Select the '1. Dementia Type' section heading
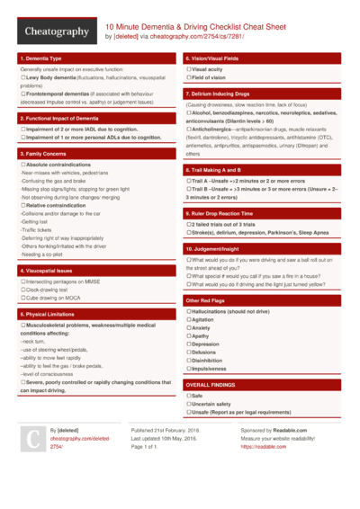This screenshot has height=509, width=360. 44,58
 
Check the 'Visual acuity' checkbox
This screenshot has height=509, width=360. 188,69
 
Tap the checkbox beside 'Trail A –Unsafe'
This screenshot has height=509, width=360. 188,180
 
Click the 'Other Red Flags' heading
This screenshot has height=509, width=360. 205,299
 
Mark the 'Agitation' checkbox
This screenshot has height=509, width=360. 188,319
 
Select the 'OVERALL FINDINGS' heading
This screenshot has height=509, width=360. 211,384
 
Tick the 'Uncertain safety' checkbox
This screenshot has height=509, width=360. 188,404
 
